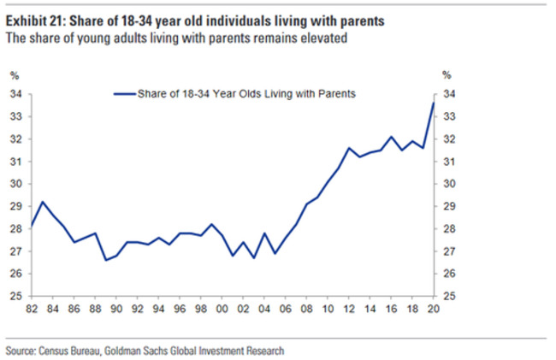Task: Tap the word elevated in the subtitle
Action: click(x=324, y=38)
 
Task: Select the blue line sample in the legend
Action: click(x=125, y=95)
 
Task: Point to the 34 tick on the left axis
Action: click(x=16, y=94)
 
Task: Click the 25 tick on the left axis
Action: click(x=16, y=297)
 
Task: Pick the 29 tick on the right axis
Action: click(x=448, y=207)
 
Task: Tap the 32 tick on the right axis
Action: click(x=448, y=139)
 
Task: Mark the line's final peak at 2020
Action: click(x=434, y=103)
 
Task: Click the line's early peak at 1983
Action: click(x=42, y=202)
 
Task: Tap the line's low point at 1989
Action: click(x=105, y=260)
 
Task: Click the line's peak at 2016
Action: click(x=392, y=137)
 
